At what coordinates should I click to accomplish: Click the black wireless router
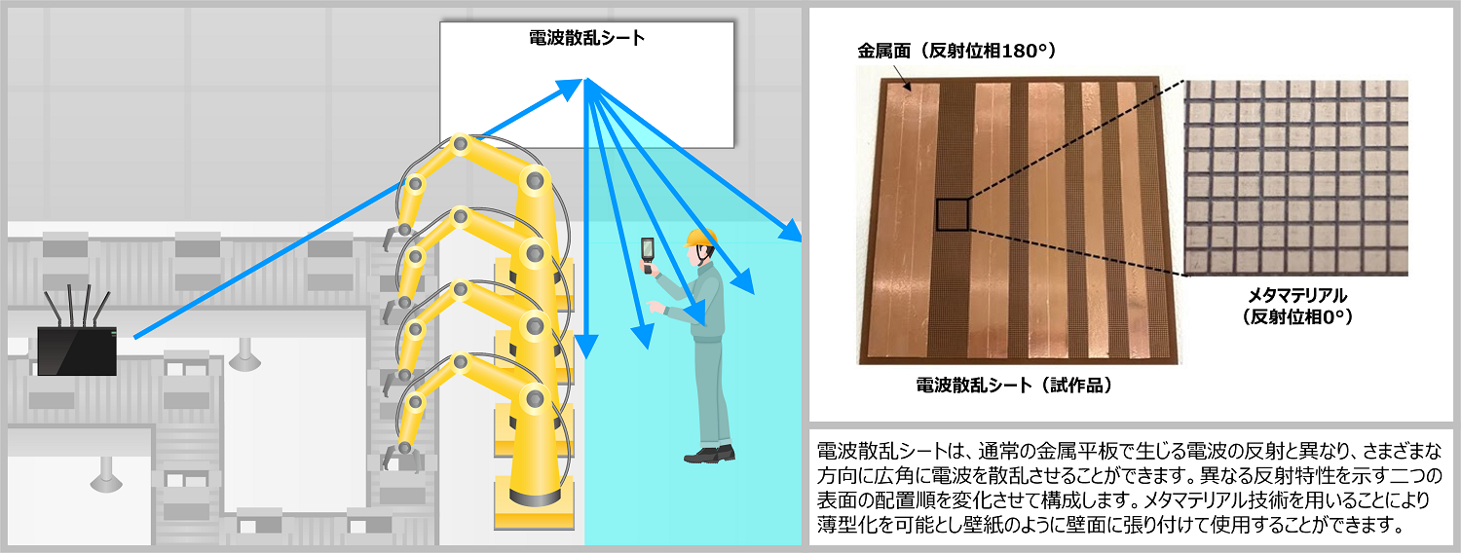[77, 350]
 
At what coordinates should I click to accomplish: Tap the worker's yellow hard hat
[700, 238]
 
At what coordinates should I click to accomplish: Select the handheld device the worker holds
[647, 255]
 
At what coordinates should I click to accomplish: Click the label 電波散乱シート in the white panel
[586, 38]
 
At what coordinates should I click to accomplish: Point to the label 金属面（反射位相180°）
[956, 51]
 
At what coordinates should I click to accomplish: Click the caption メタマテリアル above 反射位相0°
[1297, 295]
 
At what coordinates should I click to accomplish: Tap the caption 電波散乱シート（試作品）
[1014, 386]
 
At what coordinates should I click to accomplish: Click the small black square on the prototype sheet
[953, 215]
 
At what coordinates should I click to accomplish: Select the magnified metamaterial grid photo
[1296, 177]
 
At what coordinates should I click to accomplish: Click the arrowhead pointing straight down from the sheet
[587, 346]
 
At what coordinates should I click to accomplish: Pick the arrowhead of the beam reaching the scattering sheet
[570, 89]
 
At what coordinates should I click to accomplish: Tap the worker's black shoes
[710, 455]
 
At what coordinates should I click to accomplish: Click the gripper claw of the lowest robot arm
[399, 457]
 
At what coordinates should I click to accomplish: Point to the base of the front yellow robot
[534, 504]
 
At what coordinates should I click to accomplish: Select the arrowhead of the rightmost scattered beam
[791, 230]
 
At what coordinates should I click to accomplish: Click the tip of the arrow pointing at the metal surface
[909, 90]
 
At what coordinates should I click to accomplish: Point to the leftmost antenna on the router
[53, 309]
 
